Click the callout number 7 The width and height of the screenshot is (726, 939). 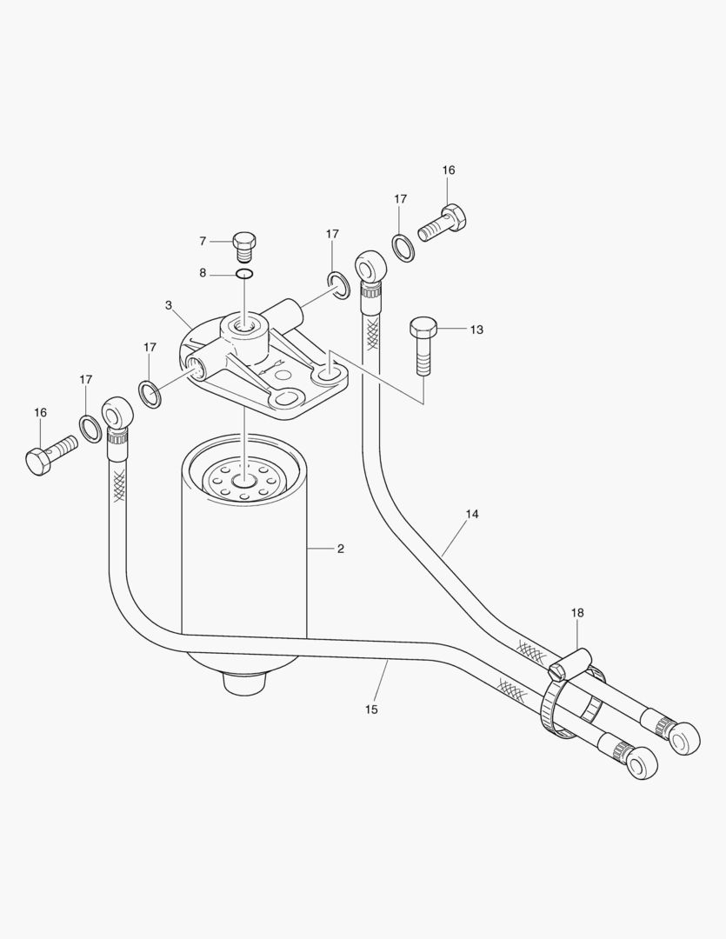tap(203, 241)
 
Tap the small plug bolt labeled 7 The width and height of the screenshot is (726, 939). tap(244, 245)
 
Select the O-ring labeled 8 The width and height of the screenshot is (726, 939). tap(244, 274)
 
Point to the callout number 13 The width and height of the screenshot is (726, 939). tap(476, 330)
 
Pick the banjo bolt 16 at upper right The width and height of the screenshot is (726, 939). tap(443, 223)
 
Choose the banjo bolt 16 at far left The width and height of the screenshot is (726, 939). tap(50, 455)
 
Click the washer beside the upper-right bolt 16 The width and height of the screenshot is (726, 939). tap(402, 246)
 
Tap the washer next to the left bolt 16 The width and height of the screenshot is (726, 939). tap(90, 428)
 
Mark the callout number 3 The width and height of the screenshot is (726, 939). tap(168, 305)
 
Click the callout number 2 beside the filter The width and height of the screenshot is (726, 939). tap(341, 549)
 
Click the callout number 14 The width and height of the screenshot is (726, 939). tap(471, 514)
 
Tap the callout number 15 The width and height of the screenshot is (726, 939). tap(371, 709)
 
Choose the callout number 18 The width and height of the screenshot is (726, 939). tap(577, 613)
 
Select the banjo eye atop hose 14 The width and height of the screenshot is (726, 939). tap(369, 265)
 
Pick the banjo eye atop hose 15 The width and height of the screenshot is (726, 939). tap(115, 412)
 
